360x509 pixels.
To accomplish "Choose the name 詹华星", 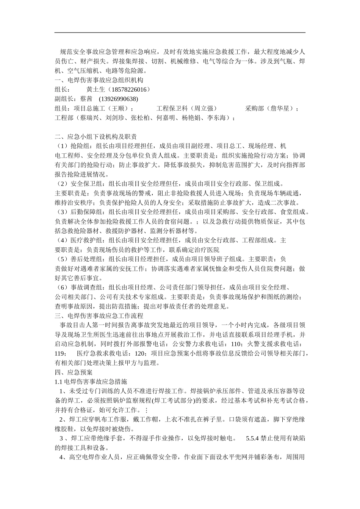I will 280,109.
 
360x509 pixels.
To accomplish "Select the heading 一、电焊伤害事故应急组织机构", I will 99,80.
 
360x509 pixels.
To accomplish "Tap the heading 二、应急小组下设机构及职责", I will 96,137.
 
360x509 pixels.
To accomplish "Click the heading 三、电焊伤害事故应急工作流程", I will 99,315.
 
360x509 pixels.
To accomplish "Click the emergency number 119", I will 60,353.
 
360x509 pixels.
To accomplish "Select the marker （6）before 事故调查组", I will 62,287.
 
